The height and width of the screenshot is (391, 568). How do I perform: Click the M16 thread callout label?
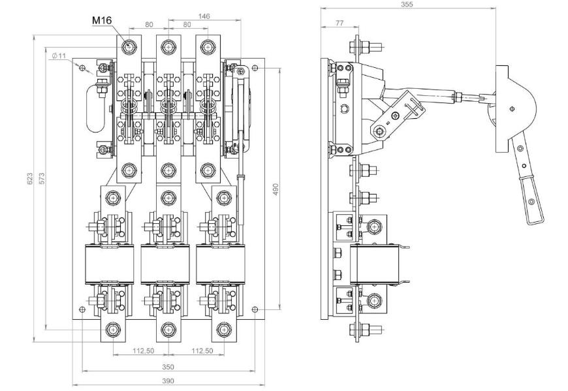[x=102, y=21]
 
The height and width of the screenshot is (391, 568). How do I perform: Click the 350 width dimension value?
[x=168, y=366]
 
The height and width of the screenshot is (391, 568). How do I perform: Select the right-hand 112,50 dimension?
[x=202, y=351]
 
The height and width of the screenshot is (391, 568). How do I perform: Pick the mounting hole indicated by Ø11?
[x=82, y=68]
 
